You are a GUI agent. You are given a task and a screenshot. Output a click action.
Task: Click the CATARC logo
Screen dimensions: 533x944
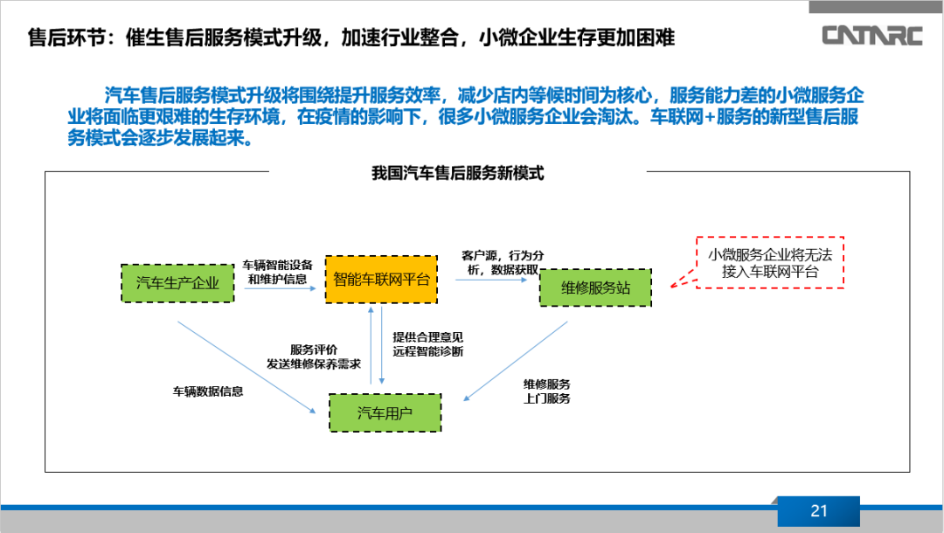pyautogui.click(x=875, y=35)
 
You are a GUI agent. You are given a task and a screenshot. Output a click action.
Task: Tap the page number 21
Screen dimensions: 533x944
pyautogui.click(x=818, y=511)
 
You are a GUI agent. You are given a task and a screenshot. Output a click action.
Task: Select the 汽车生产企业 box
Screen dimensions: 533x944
pyautogui.click(x=177, y=283)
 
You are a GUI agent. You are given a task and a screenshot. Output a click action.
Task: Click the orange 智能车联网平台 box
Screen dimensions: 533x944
pyautogui.click(x=381, y=280)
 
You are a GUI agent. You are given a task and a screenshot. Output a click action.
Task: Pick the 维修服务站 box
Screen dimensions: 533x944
pyautogui.click(x=595, y=287)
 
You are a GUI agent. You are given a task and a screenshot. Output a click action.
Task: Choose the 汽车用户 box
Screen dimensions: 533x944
pyautogui.click(x=385, y=412)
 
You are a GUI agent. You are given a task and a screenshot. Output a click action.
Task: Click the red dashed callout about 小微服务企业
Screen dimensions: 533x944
pyautogui.click(x=770, y=262)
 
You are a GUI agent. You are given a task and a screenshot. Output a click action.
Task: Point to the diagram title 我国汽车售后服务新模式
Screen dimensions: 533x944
pyautogui.click(x=458, y=173)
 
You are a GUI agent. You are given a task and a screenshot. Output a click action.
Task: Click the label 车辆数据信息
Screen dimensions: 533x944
pyautogui.click(x=208, y=391)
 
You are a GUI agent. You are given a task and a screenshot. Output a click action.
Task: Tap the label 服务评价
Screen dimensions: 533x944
pyautogui.click(x=314, y=349)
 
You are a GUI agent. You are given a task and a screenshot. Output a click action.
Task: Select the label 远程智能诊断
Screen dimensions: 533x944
pyautogui.click(x=428, y=351)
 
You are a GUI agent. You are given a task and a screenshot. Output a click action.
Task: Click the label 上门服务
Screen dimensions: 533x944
pyautogui.click(x=547, y=398)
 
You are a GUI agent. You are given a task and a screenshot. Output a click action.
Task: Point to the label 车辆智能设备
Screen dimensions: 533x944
pyautogui.click(x=278, y=265)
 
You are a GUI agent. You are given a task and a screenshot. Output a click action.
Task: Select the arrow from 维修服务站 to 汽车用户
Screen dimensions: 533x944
pyautogui.click(x=516, y=361)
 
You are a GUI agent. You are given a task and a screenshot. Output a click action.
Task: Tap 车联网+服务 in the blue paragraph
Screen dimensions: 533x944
pyautogui.click(x=703, y=117)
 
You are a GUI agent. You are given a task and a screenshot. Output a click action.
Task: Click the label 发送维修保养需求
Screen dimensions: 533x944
pyautogui.click(x=314, y=363)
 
